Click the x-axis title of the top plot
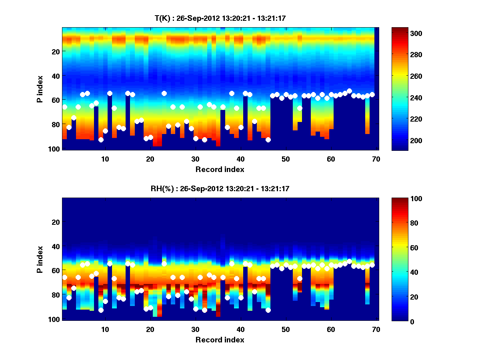(x=220, y=169)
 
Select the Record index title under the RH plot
(x=220, y=340)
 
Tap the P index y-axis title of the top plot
(x=40, y=89)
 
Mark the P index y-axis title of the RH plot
(x=40, y=259)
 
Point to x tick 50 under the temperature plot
(x=285, y=159)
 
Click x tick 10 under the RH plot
(x=105, y=330)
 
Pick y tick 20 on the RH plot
(x=56, y=222)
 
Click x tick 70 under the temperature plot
(x=376, y=159)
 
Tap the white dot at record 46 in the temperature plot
(x=268, y=140)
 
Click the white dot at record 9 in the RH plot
(x=101, y=310)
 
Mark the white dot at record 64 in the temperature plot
(x=349, y=91)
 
